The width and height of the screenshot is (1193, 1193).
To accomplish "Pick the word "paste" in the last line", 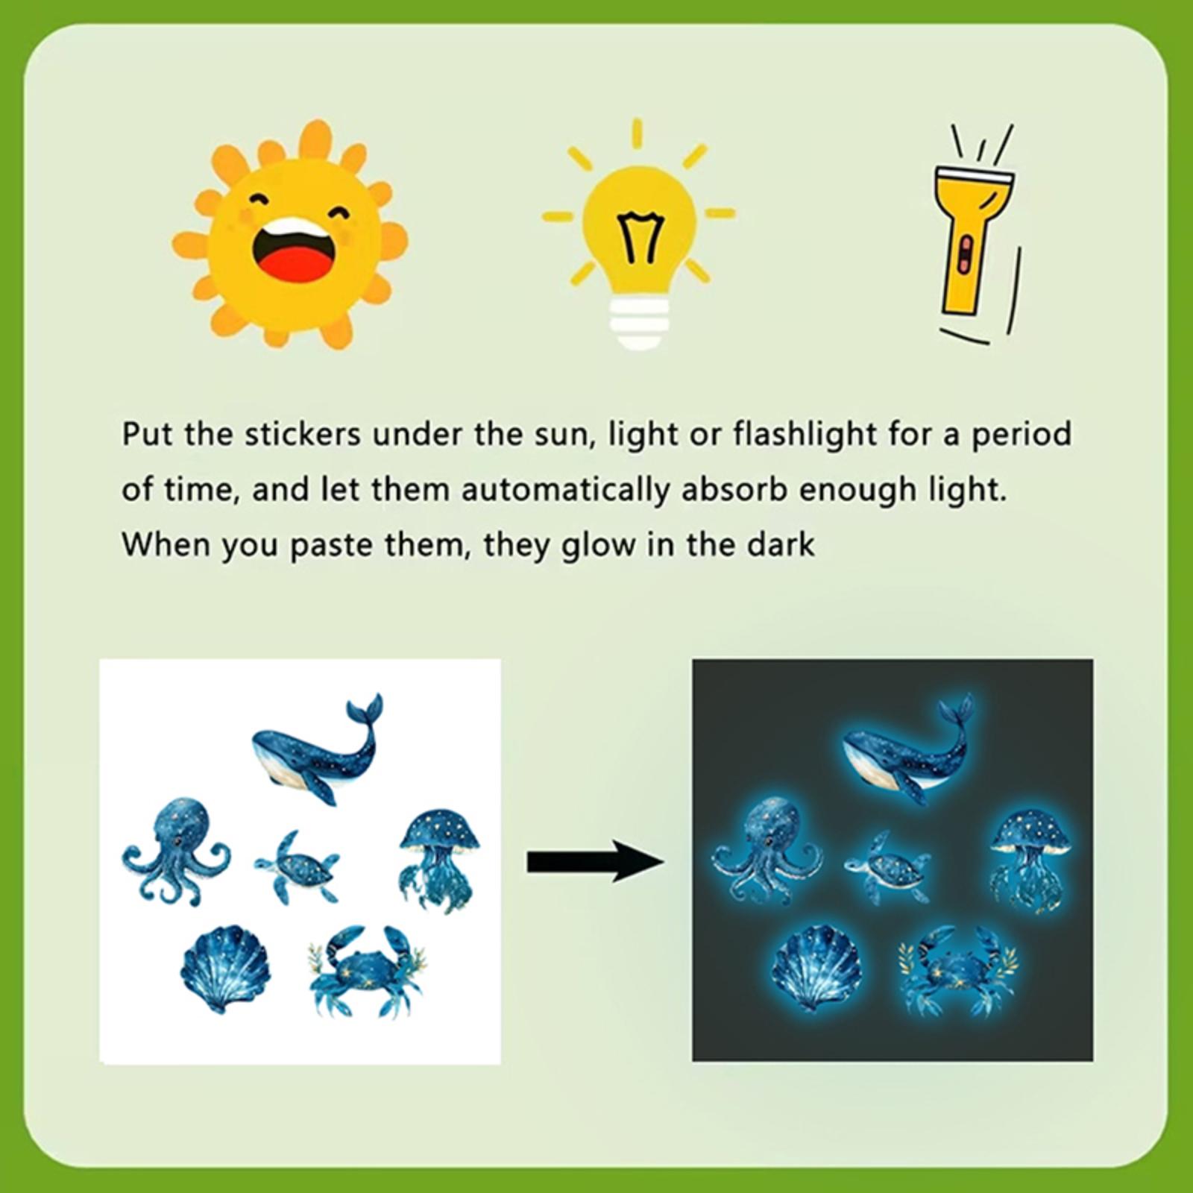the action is point(331,547).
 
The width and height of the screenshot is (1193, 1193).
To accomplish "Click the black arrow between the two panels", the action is point(594,861).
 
